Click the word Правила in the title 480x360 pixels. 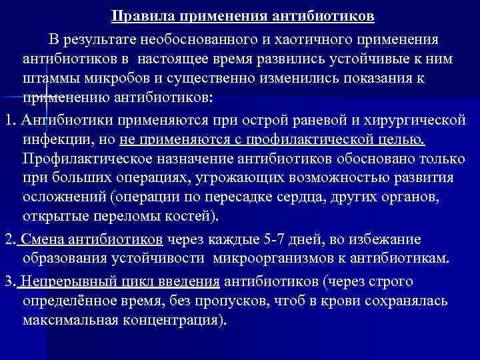[x=136, y=15]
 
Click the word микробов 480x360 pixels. [x=110, y=79]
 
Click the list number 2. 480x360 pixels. [x=7, y=239]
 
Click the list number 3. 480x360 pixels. [x=7, y=281]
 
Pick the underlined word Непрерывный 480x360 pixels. [x=64, y=281]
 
